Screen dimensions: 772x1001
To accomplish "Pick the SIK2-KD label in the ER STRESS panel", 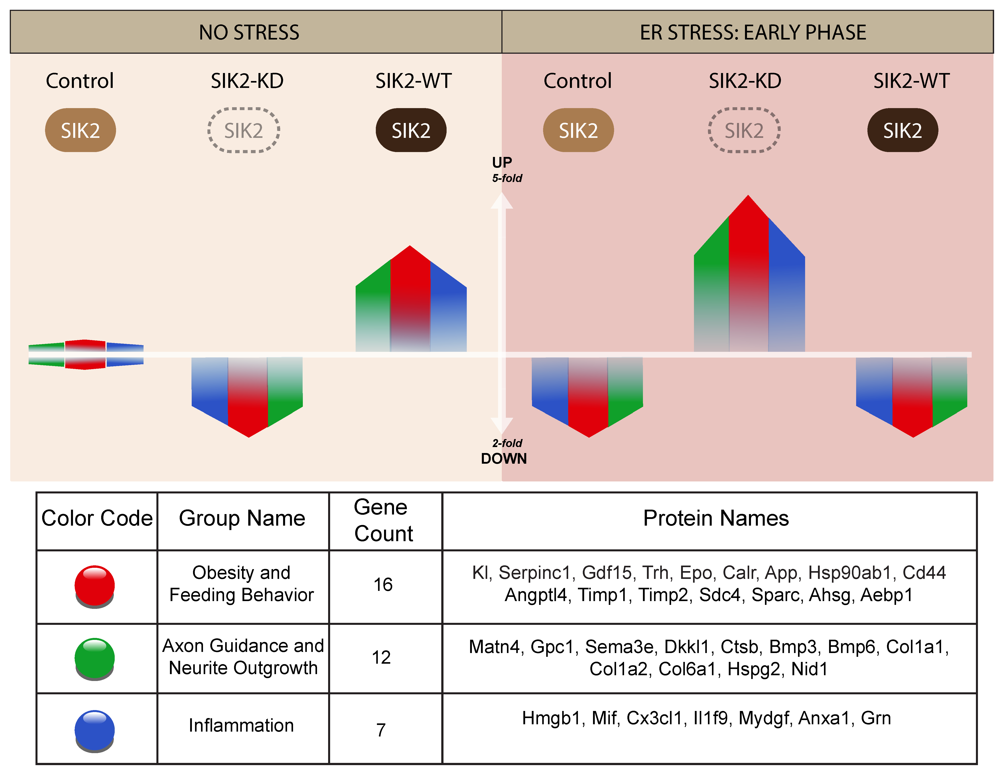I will coord(745,81).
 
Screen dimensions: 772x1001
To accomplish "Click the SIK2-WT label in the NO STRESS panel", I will coord(413,81).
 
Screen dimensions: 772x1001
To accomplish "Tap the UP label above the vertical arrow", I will coord(502,162).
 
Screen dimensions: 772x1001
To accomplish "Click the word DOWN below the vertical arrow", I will coord(504,458).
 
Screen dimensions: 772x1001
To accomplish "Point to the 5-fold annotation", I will coord(507,178).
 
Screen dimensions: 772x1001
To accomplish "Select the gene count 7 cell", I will coord(381,729).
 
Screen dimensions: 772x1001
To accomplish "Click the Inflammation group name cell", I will coord(241,725).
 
